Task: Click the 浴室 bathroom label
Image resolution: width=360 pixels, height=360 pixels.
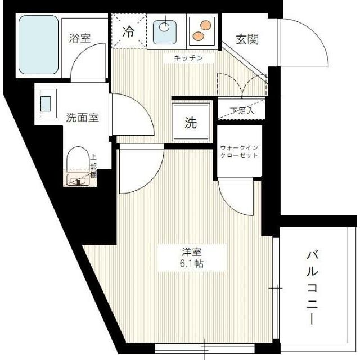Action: coord(80,38)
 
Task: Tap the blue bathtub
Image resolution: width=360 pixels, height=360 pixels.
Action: coord(38,45)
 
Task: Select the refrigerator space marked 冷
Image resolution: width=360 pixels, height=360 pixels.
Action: coord(129,32)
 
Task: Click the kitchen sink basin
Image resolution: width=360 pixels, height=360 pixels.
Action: coord(165,31)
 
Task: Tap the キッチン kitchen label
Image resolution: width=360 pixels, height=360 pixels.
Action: coord(187,58)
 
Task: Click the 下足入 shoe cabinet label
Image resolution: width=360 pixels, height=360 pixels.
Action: coord(242,110)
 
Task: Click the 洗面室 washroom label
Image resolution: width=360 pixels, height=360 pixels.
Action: coord(83,118)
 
